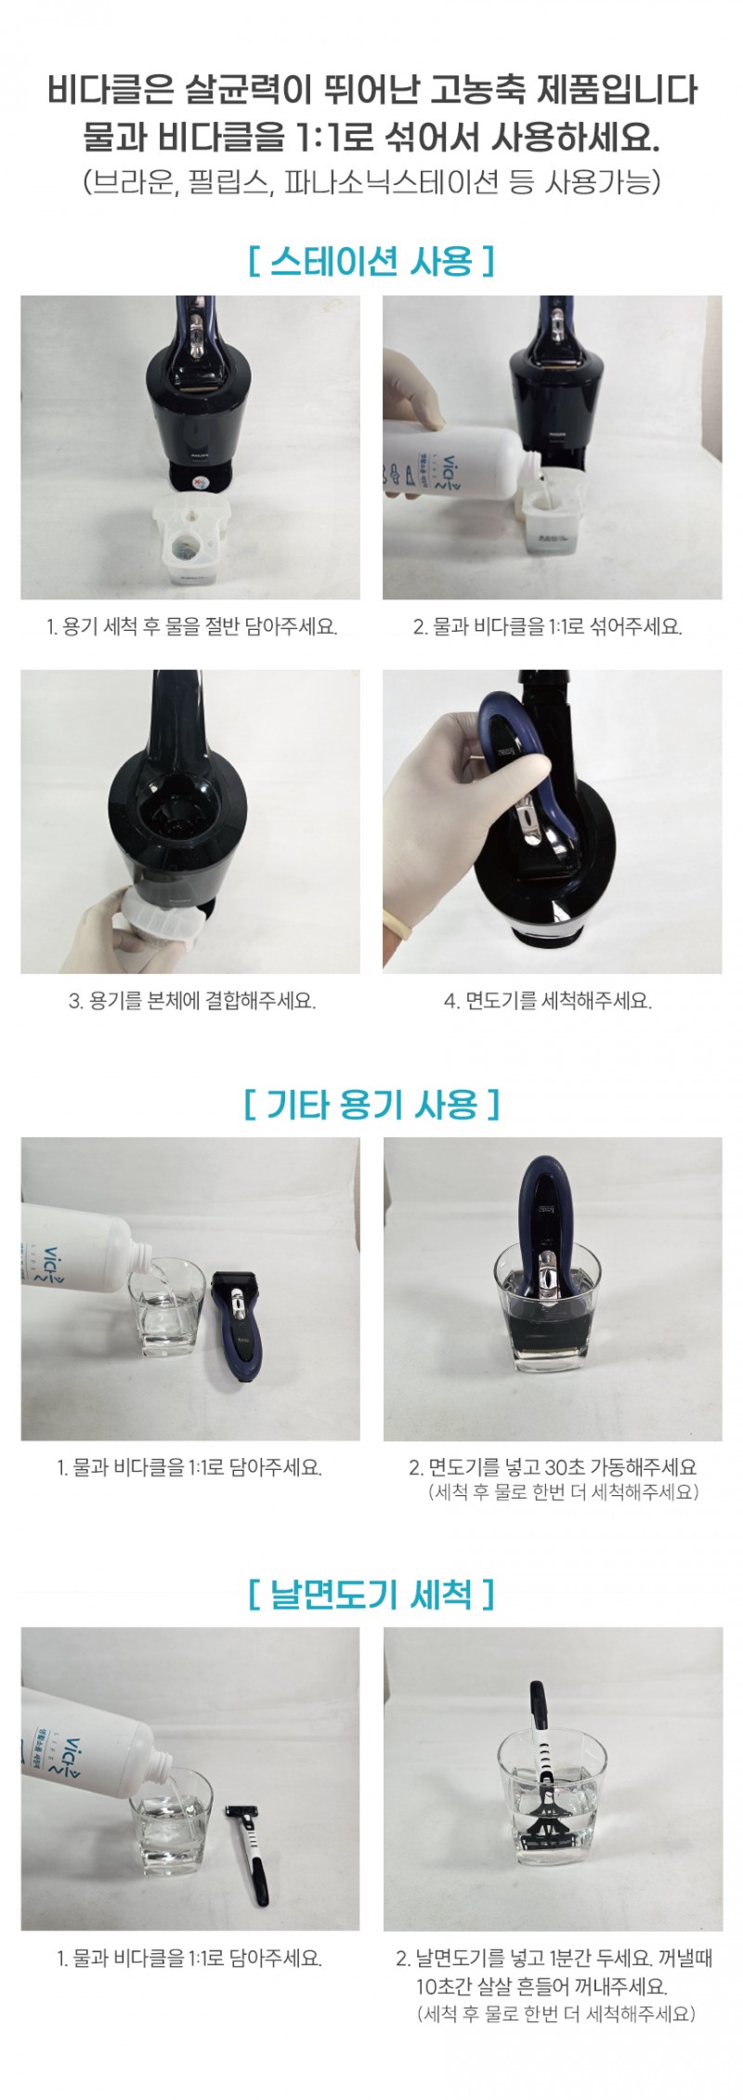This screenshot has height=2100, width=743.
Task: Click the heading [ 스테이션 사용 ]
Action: pyautogui.click(x=371, y=260)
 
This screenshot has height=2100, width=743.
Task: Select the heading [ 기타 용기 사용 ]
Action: pyautogui.click(x=371, y=1104)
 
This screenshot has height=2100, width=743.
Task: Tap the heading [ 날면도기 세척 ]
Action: pyautogui.click(x=371, y=1595)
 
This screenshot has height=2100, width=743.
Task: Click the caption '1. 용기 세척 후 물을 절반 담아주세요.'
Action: pyautogui.click(x=192, y=626)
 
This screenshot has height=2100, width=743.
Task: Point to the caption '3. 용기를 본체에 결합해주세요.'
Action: pyautogui.click(x=192, y=1002)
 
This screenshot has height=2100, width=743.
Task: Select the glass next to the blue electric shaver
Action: pyautogui.click(x=166, y=1306)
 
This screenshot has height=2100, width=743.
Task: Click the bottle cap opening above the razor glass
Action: pyautogui.click(x=162, y=1762)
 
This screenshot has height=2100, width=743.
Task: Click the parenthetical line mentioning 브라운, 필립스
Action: pyautogui.click(x=371, y=180)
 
